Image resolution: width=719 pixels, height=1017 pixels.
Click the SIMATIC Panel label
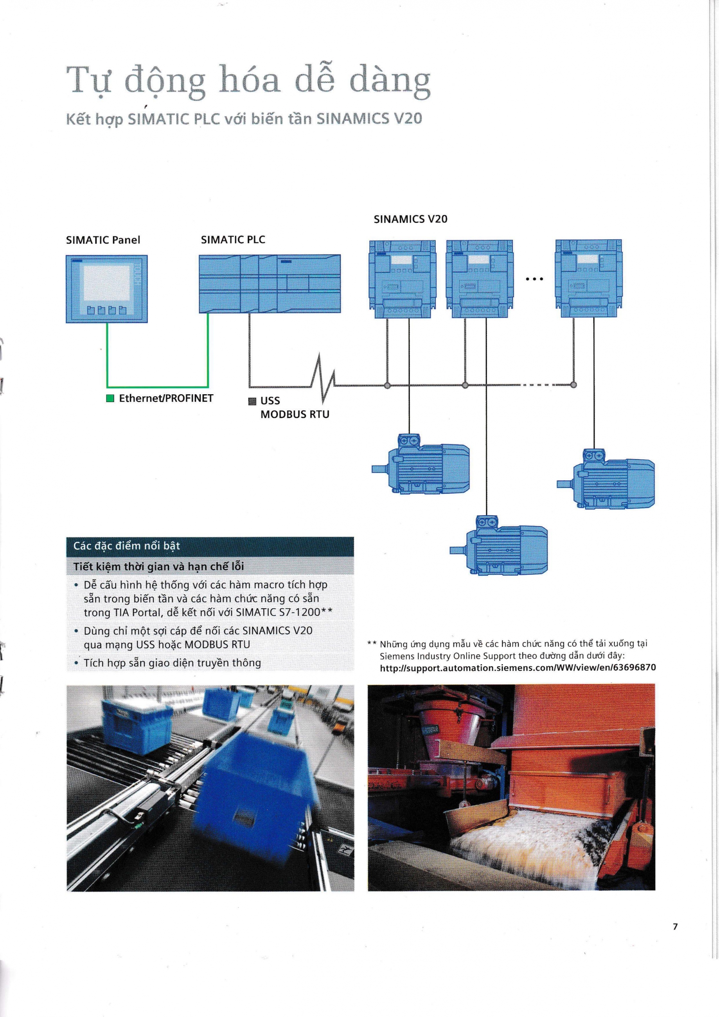click(103, 240)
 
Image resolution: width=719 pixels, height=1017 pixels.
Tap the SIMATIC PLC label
click(233, 240)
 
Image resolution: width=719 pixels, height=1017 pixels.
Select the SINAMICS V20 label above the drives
click(410, 219)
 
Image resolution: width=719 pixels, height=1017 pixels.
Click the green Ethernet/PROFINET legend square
click(110, 398)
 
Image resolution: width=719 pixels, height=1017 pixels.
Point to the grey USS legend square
click(252, 401)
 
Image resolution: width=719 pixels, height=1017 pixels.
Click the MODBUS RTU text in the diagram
click(295, 415)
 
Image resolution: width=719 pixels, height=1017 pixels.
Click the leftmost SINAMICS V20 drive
click(402, 279)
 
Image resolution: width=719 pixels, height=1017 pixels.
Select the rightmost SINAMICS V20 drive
click(588, 279)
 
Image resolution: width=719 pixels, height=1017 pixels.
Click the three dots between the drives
click(534, 279)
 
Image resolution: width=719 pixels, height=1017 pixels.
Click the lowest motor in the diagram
click(498, 546)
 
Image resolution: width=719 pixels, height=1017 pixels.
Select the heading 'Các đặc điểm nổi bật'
click(127, 546)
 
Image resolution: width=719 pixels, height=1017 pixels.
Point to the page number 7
click(675, 926)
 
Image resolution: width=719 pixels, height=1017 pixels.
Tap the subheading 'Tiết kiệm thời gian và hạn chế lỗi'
click(158, 566)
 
